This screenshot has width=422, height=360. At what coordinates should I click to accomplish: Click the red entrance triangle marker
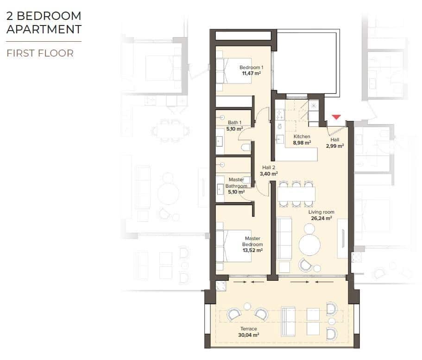click(x=336, y=117)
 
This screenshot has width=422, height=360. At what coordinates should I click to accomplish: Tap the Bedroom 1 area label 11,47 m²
click(x=251, y=73)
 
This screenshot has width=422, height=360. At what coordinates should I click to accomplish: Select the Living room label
click(x=321, y=212)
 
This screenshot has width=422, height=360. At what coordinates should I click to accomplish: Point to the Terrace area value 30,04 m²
click(x=249, y=335)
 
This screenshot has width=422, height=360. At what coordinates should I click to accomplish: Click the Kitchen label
click(x=302, y=137)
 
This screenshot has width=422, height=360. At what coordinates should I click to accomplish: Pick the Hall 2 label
click(x=269, y=168)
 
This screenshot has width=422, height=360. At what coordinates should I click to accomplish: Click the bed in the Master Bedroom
click(x=234, y=245)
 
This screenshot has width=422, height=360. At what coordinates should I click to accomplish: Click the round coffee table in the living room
click(x=309, y=245)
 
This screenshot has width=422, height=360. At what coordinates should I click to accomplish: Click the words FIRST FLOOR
click(x=40, y=53)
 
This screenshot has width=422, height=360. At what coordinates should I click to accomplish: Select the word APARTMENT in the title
click(x=44, y=30)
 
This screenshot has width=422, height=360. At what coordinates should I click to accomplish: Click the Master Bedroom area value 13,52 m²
click(x=252, y=250)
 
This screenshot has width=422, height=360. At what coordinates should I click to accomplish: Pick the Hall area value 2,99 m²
click(x=334, y=146)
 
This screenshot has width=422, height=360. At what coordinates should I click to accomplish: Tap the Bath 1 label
click(x=235, y=123)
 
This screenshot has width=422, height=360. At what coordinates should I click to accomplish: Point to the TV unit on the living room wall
click(x=342, y=238)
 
